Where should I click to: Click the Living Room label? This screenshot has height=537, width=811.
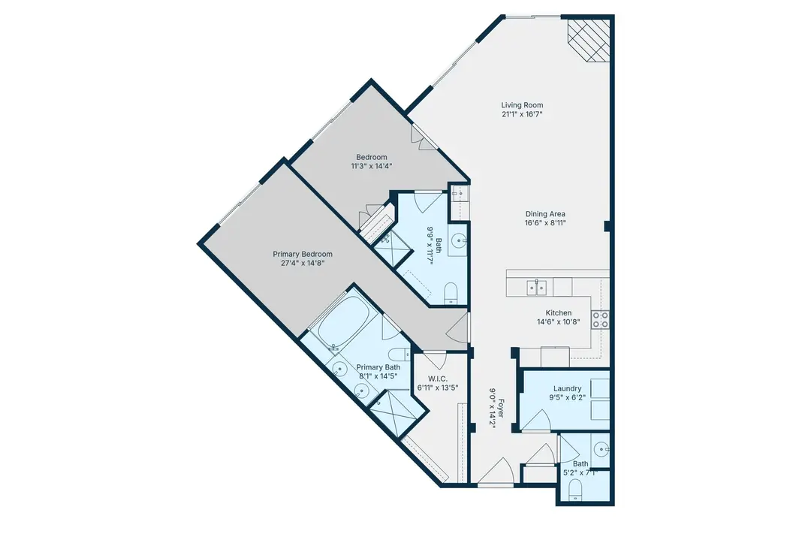click(x=522, y=105)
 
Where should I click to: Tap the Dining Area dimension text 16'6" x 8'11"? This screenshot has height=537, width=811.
click(x=545, y=223)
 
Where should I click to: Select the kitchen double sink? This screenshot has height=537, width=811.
click(x=536, y=287)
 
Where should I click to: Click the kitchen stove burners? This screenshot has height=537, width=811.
click(x=600, y=319)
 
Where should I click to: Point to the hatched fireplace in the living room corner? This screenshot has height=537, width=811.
click(x=589, y=41)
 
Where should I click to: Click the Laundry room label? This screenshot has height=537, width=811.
click(x=568, y=388)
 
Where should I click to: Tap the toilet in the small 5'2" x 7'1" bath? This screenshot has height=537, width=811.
click(x=575, y=490)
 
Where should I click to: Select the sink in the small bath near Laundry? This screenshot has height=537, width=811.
click(x=601, y=449)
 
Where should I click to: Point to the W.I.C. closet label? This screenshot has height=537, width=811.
click(x=438, y=379)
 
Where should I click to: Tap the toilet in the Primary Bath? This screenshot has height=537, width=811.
click(x=399, y=355)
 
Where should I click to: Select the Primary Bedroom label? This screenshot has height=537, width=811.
click(x=303, y=254)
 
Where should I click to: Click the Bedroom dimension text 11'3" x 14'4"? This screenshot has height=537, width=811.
click(x=372, y=166)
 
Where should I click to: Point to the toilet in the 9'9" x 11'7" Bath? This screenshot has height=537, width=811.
click(x=451, y=293)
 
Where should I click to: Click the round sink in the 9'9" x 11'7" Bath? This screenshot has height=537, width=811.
click(x=457, y=240)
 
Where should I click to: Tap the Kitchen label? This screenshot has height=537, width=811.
click(x=559, y=313)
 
